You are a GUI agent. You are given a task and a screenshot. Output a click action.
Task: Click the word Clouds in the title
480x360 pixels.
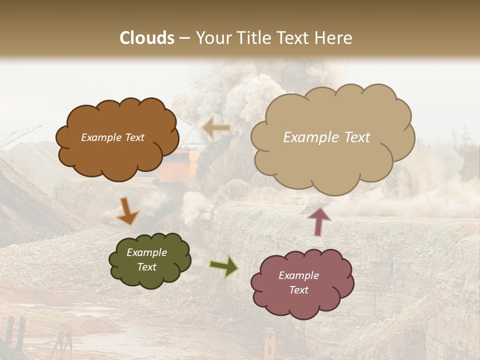point(147,37)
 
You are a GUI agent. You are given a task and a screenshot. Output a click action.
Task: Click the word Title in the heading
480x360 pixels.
point(251,37)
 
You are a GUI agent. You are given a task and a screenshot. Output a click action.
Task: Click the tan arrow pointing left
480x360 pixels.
point(216,127)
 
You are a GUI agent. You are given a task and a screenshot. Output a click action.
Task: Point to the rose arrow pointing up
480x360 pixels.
point(319,220)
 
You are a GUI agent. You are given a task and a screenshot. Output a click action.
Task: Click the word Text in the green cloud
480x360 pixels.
point(146,267)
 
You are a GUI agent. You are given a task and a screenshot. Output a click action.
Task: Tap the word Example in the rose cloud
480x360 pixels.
point(298,275)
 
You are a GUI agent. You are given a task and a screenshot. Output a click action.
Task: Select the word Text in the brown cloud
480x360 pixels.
point(134,137)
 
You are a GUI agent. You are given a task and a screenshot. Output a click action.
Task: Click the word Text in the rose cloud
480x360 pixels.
point(298,290)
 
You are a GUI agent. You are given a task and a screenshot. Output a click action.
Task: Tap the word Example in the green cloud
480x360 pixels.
point(146,252)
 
